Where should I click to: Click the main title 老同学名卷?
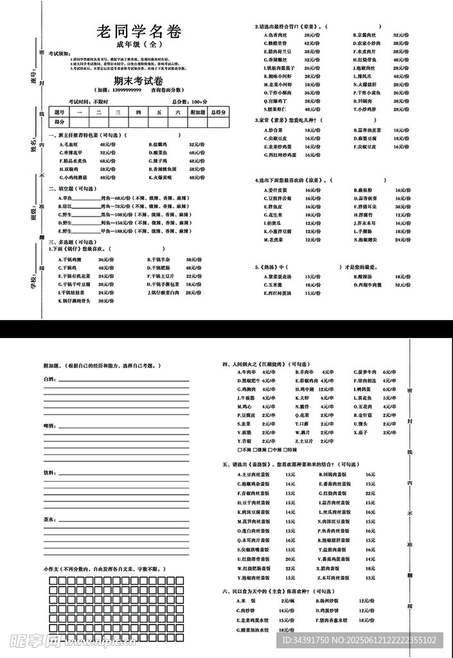pos(138,32)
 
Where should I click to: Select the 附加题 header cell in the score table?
pos(199,112)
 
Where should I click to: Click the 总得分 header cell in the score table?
pos(218,112)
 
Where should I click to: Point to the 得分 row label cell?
pos(60,121)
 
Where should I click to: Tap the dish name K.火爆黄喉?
pos(160,177)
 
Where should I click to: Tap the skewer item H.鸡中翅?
pos(305,389)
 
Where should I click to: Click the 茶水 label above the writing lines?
pos(49,518)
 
